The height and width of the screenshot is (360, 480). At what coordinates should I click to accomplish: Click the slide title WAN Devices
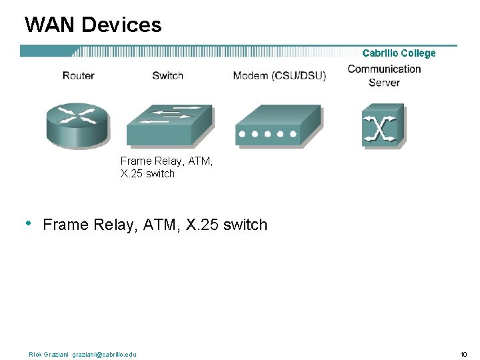(93, 25)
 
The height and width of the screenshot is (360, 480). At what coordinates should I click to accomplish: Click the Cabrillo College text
(399, 53)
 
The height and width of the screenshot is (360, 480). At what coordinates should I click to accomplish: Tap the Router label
(78, 75)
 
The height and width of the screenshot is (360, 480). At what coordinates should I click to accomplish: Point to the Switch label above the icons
(167, 75)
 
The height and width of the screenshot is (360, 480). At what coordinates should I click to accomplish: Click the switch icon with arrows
(169, 125)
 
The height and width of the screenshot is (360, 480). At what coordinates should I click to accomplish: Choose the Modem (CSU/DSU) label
(279, 75)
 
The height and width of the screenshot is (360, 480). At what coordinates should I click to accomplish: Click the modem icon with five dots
(276, 127)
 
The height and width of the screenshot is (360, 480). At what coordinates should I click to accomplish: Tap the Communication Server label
(384, 75)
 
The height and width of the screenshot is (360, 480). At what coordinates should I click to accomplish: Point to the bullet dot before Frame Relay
(27, 223)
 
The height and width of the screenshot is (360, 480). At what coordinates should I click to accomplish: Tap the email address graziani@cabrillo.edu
(104, 354)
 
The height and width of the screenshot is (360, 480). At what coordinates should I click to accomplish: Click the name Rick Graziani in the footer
(49, 354)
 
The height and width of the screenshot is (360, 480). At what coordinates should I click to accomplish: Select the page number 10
(463, 354)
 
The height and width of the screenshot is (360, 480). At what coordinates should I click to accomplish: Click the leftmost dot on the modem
(241, 133)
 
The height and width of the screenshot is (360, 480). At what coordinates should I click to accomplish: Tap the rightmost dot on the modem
(293, 133)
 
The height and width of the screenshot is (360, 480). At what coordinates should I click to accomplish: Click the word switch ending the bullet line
(245, 225)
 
